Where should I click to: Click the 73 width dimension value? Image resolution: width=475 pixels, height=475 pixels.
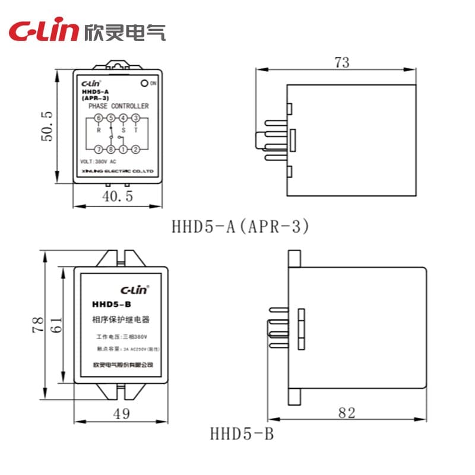342,62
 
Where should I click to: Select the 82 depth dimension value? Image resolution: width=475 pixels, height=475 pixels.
346,412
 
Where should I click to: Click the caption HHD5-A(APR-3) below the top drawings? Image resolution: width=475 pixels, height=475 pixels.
240,226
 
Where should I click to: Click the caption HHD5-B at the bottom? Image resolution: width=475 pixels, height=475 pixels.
242,434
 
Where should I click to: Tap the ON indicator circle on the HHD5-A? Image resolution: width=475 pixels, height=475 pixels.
144,83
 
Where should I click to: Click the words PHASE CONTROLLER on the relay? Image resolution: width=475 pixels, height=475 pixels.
118,106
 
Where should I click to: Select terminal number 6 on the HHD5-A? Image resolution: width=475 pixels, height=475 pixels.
99,118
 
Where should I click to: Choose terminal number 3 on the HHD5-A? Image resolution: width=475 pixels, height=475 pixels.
135,118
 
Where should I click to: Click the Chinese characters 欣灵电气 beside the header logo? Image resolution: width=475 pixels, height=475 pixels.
125,31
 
